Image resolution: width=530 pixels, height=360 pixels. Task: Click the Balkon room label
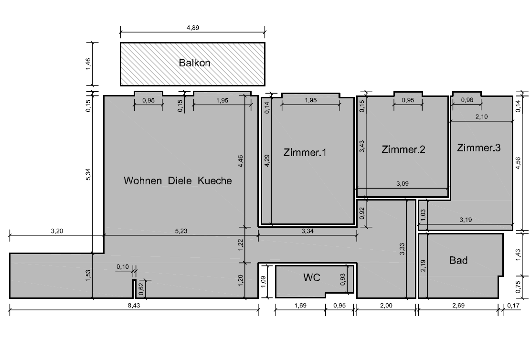pos(194,63)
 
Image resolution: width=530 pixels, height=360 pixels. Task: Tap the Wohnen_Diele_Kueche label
pos(178,180)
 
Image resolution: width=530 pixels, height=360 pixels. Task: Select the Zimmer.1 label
pos(305,152)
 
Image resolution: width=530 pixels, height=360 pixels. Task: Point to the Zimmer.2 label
pos(403,149)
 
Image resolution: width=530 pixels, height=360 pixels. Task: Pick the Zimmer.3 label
pos(478,148)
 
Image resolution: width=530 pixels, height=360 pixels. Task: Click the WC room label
pos(312,277)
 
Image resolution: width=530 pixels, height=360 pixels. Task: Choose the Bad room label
pos(459,260)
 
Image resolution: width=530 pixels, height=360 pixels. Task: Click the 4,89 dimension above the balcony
pos(193,28)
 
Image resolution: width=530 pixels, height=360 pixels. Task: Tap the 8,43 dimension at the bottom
pos(134,306)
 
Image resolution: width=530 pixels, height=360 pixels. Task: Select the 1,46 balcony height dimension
pos(88,64)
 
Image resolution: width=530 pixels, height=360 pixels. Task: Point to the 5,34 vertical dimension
pos(88,174)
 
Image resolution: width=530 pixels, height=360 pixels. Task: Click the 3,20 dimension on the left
pos(57,231)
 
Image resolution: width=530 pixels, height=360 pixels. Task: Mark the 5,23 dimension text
pos(181,231)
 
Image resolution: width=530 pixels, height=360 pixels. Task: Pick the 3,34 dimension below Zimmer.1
pos(307,231)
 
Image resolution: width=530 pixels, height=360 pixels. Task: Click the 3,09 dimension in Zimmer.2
pos(402,183)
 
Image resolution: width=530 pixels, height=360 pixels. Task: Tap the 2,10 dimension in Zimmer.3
pos(482,116)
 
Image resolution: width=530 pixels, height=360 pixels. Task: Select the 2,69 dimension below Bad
pos(458,306)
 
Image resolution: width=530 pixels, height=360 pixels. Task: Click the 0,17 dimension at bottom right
pos(513,306)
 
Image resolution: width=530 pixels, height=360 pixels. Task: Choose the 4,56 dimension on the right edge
pos(518,164)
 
